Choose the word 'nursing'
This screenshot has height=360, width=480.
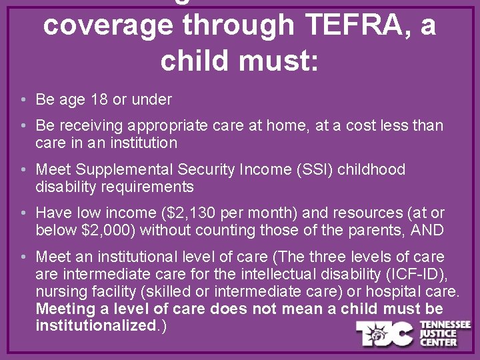tap(59, 291)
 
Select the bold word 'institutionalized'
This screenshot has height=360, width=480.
tap(95, 326)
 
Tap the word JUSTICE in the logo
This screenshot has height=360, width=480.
tap(437, 333)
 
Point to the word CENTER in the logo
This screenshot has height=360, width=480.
tap(437, 342)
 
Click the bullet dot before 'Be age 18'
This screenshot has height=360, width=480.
tap(23, 101)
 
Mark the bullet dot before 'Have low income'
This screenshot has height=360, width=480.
tap(23, 214)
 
